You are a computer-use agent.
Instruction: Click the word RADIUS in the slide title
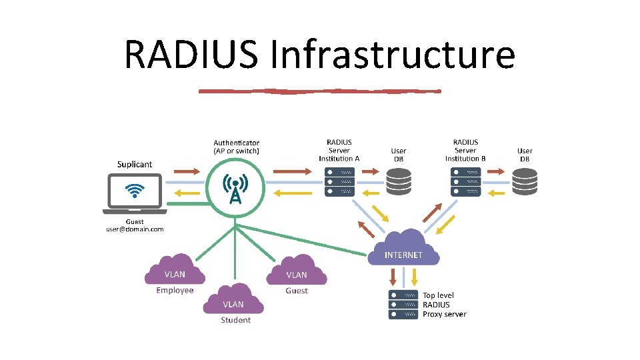click(191, 55)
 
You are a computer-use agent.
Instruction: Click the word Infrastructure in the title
click(393, 55)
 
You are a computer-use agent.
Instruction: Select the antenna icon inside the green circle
click(235, 189)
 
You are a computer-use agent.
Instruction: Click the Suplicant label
click(135, 164)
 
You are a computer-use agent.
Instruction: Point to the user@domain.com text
click(135, 229)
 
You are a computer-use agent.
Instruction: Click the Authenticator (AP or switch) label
click(237, 147)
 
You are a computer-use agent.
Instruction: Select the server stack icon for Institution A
click(339, 181)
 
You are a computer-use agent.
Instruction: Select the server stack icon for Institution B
click(465, 181)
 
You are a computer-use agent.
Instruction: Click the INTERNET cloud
click(403, 249)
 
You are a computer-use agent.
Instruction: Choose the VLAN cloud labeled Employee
click(175, 269)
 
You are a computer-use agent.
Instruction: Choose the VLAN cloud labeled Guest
click(297, 269)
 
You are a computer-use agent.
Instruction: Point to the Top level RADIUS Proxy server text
click(444, 305)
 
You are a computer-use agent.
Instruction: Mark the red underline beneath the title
click(320, 91)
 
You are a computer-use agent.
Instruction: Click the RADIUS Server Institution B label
click(465, 150)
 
